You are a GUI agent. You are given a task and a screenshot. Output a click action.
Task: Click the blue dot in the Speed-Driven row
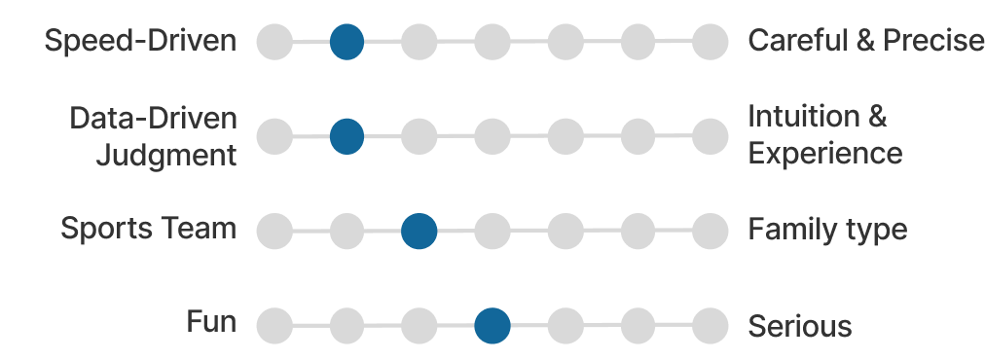pos(347,42)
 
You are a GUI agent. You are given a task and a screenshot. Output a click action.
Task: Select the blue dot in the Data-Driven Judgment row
pos(347,136)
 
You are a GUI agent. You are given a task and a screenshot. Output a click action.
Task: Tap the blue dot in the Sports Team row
pos(419,232)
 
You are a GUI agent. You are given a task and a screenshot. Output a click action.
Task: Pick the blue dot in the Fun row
pos(492,326)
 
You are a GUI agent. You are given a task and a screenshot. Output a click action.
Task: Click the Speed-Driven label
pos(141,41)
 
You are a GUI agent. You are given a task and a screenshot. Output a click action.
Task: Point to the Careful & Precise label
pos(866,41)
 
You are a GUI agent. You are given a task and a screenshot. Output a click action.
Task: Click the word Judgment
pos(166,155)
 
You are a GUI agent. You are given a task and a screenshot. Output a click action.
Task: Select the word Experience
pos(825,155)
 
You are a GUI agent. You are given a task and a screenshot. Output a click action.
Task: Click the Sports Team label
pos(148,228)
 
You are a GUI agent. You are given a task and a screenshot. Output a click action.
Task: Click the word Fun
pos(212,322)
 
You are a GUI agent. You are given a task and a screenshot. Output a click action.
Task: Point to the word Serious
pos(800,327)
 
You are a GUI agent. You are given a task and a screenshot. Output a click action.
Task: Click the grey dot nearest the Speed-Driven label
pos(274,42)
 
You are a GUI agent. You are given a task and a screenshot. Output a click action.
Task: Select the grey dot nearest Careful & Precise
pos(710,42)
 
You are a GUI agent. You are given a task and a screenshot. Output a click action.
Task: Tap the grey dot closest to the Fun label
pos(274,326)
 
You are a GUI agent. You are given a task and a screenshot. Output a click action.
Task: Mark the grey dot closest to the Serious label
pos(710,326)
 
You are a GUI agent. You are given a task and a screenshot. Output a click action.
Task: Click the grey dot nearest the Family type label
pos(710,232)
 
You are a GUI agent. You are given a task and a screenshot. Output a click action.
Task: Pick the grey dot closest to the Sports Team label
pos(274,232)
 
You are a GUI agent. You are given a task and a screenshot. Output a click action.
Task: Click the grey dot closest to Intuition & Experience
pos(710,136)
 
